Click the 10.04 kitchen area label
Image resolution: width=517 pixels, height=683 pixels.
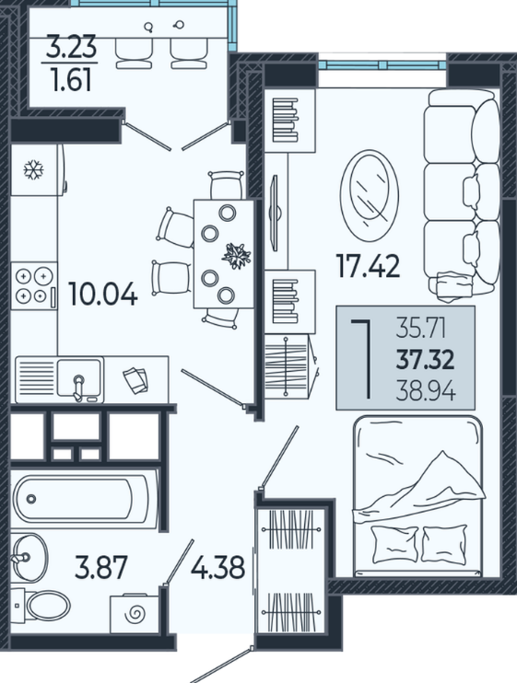click(103, 294)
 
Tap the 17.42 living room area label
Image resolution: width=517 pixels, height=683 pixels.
click(368, 266)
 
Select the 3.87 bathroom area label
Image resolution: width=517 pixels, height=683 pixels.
click(100, 568)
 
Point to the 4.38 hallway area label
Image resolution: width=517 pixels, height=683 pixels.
click(218, 568)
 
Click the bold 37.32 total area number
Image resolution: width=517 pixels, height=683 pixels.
click(426, 360)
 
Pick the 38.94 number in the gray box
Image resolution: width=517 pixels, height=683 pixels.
click(426, 392)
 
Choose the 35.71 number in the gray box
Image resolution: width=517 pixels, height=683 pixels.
click(421, 328)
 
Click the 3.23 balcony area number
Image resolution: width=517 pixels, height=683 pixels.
click(71, 47)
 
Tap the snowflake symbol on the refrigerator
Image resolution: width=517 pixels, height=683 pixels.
click(33, 169)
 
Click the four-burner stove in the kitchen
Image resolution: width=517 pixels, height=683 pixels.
click(34, 285)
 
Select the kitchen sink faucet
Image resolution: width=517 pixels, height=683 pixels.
click(78, 388)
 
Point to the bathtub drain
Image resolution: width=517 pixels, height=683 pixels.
click(31, 499)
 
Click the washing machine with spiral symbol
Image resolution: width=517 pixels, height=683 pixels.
click(135, 614)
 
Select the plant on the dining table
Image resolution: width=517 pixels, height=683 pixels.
click(237, 256)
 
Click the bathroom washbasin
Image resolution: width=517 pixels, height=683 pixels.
click(29, 558)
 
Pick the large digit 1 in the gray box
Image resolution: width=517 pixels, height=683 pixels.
click(362, 359)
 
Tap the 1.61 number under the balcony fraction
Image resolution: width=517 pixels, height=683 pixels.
click(71, 80)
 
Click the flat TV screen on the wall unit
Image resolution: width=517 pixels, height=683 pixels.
click(275, 213)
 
